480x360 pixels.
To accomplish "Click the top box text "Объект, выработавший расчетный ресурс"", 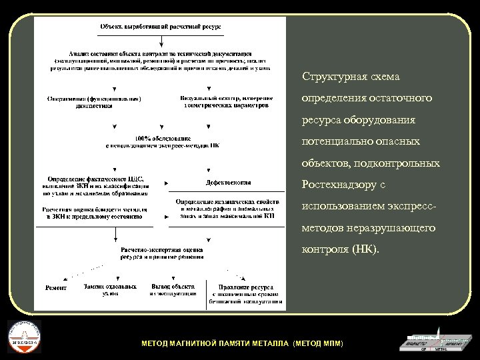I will [x=161, y=26].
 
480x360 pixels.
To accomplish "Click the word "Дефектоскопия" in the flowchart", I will [x=228, y=182].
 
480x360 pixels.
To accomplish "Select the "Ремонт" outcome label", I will [x=55, y=288].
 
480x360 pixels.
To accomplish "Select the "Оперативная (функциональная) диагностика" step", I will [x=94, y=103].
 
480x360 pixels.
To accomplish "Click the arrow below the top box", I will [x=161, y=42].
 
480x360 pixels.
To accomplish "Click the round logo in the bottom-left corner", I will [x=23, y=337].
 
